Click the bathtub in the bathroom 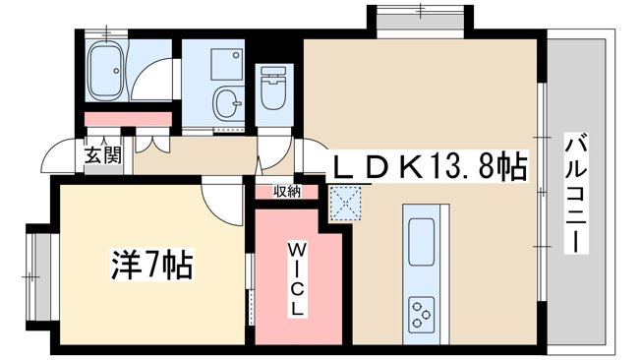coord(106,71)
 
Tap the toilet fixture coord(272,88)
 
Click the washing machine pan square coord(226,64)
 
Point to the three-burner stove coord(421,315)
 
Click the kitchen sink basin coord(421,242)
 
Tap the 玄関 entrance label coord(103,155)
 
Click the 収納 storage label coord(287,192)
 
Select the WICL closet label coord(296,279)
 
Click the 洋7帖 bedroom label coord(152,265)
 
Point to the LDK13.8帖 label coord(431,166)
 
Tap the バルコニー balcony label coord(576,193)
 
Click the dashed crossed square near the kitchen coord(345,204)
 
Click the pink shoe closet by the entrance coord(128,119)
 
